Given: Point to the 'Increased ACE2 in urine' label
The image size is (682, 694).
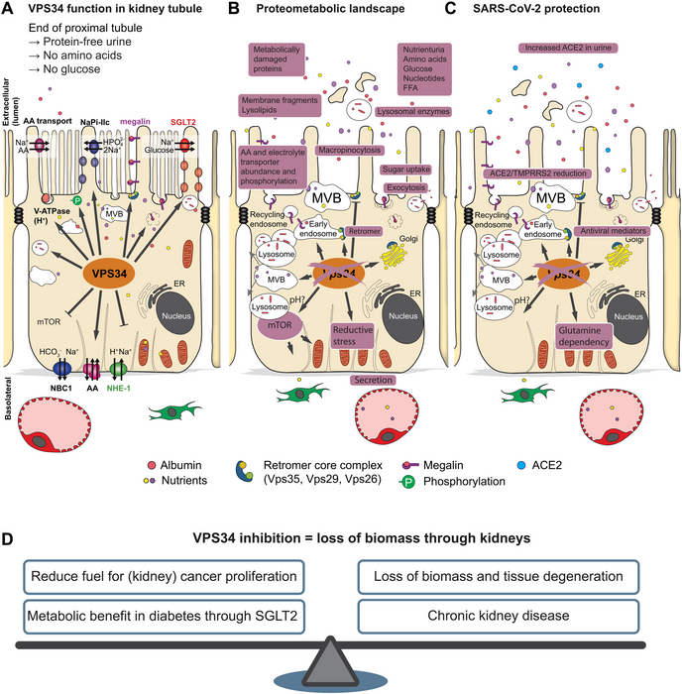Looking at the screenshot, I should click(564, 48).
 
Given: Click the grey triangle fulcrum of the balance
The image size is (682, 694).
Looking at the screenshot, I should click(342, 669).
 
